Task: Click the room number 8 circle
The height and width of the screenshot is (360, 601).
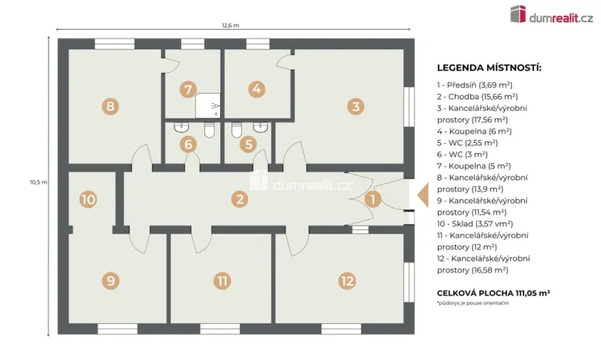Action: click(111, 106)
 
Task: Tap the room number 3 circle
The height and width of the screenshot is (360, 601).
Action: click(355, 106)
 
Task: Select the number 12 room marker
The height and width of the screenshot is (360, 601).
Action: click(347, 281)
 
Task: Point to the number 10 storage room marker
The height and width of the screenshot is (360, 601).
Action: click(88, 199)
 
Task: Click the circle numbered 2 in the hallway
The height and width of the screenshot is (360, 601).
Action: click(241, 199)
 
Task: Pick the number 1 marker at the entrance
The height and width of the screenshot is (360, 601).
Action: click(373, 199)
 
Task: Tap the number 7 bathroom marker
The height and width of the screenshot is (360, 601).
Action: click(187, 89)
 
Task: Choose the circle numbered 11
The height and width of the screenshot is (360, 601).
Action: click(222, 281)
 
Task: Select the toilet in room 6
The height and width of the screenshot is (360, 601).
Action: click(209, 132)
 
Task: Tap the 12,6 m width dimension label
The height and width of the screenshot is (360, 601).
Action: click(230, 25)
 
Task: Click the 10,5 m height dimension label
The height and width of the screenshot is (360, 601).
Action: click(38, 182)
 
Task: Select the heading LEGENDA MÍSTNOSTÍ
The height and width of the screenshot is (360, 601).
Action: click(489, 68)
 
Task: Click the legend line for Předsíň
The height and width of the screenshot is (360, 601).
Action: click(475, 85)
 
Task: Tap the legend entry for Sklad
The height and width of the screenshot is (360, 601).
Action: click(476, 223)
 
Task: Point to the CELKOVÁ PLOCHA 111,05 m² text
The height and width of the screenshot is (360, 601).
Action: click(493, 293)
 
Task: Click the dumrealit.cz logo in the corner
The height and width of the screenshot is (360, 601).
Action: click(551, 15)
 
